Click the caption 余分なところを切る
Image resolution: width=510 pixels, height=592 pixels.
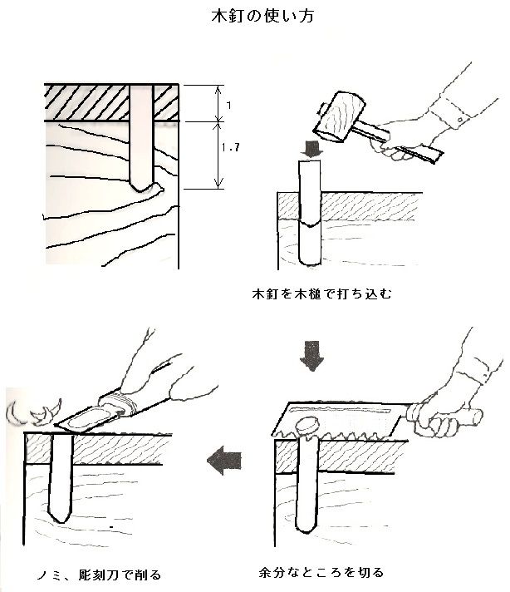[321, 573]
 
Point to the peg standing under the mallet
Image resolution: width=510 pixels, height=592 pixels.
[310, 212]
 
